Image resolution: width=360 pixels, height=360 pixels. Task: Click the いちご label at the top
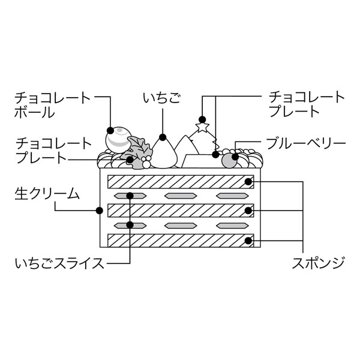click(x=161, y=97)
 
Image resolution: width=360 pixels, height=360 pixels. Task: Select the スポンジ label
click(x=319, y=262)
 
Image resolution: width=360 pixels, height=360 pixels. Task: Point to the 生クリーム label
click(x=47, y=194)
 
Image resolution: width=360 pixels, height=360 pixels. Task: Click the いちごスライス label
click(x=60, y=262)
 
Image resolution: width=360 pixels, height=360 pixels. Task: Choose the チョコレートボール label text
click(x=52, y=104)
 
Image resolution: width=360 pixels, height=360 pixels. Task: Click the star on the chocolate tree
click(x=202, y=127)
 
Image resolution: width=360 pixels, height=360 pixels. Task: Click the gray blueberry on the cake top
click(x=230, y=160)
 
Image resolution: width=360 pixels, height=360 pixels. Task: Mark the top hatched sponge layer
click(x=180, y=181)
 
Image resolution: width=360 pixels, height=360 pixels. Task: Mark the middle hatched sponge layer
click(x=180, y=211)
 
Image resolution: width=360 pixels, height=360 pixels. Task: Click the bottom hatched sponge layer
click(x=180, y=240)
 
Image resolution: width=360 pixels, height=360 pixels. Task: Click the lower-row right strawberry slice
click(x=232, y=226)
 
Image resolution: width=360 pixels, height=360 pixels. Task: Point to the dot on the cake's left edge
click(x=99, y=211)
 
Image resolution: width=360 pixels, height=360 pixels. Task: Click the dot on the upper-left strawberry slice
click(x=130, y=196)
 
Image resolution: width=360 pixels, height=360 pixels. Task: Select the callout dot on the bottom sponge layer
click(x=248, y=240)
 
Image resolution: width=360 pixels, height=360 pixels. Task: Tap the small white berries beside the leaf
click(x=145, y=162)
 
